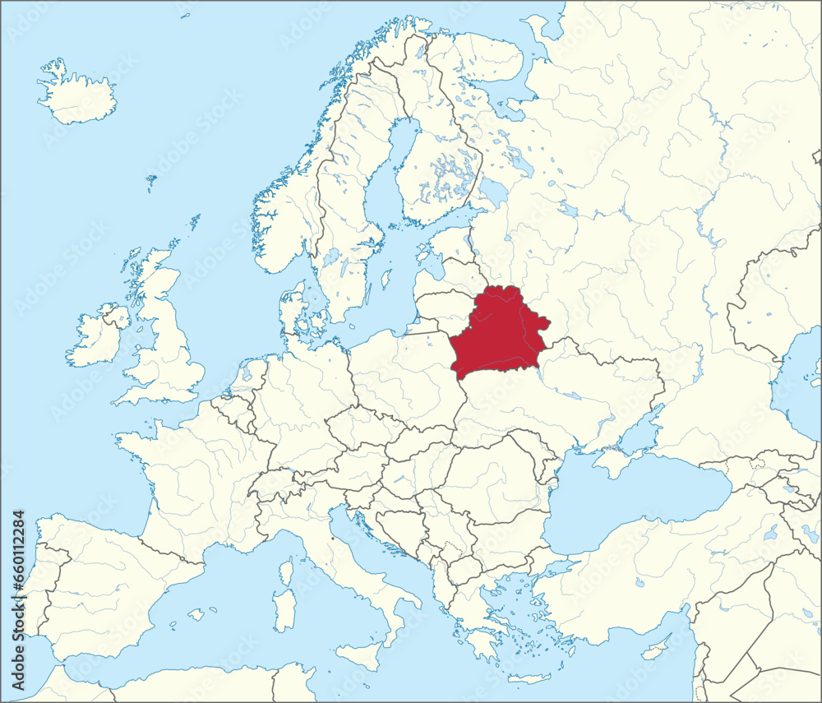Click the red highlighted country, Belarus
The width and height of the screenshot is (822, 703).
pos(498,333)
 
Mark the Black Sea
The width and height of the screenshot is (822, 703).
pos(633,510)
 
